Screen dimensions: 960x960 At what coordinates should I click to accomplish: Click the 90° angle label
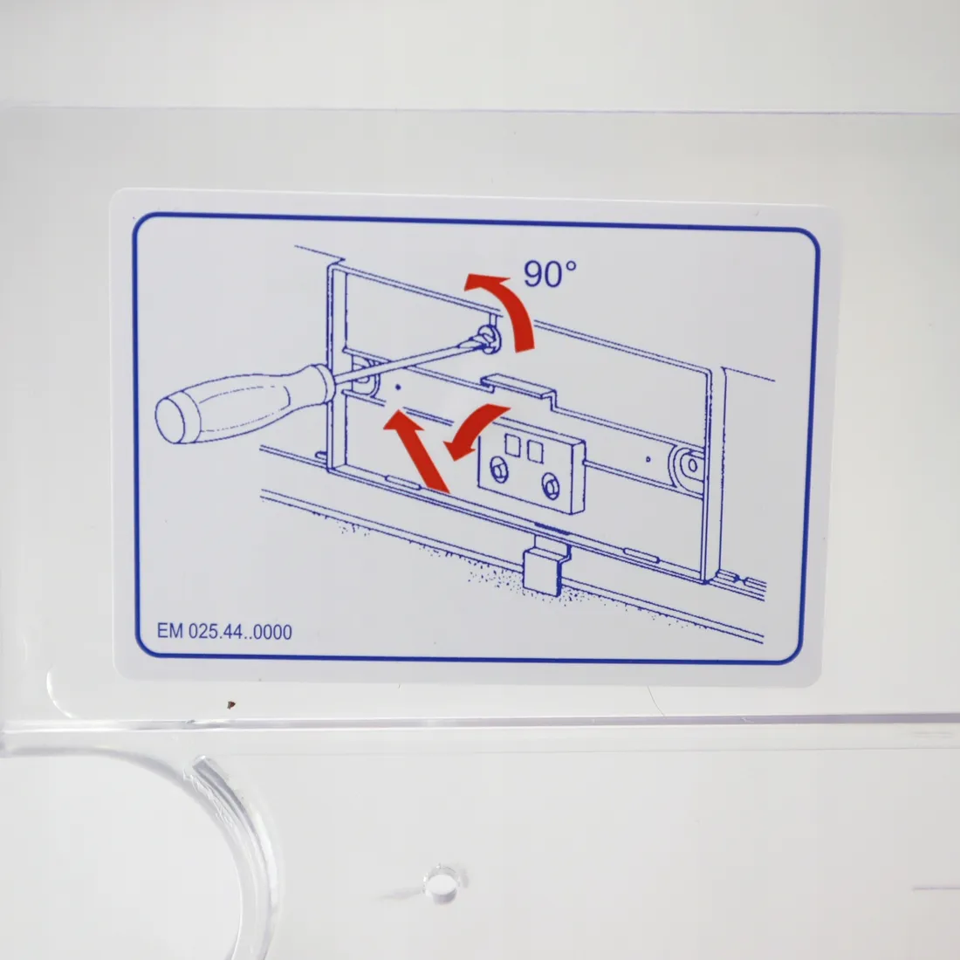[x=549, y=273]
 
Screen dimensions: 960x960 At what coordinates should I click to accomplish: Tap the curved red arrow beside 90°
[x=511, y=308]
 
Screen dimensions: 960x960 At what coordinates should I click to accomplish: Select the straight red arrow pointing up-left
[x=417, y=451]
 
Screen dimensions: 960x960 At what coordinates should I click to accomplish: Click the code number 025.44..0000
[x=240, y=631]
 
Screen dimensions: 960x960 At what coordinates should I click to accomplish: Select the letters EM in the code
[x=169, y=631]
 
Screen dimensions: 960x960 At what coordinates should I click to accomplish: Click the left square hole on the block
[x=513, y=446]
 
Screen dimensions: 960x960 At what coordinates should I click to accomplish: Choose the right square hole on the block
[x=535, y=452]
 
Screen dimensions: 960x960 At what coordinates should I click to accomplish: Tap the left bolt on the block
[x=499, y=470]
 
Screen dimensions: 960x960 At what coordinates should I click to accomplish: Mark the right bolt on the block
[x=551, y=486]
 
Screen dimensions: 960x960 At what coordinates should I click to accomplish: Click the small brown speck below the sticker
[x=230, y=704]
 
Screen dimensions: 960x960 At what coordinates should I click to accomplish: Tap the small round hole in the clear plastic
[x=441, y=883]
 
